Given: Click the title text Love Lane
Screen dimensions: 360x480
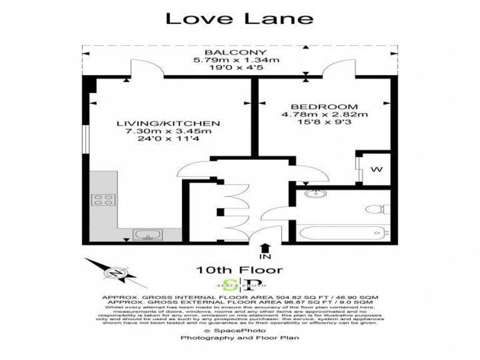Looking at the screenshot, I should coord(239,18).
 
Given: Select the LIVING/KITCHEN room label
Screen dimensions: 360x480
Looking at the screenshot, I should coord(169,123).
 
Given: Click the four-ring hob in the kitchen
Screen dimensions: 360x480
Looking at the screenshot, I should coord(104,200).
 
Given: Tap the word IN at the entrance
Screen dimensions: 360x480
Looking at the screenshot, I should coord(266,257).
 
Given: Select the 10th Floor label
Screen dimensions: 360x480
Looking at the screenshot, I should coord(239,270).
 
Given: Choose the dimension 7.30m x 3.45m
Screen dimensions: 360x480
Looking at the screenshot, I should coord(169,132).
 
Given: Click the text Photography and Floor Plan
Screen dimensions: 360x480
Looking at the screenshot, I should coord(239,337).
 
